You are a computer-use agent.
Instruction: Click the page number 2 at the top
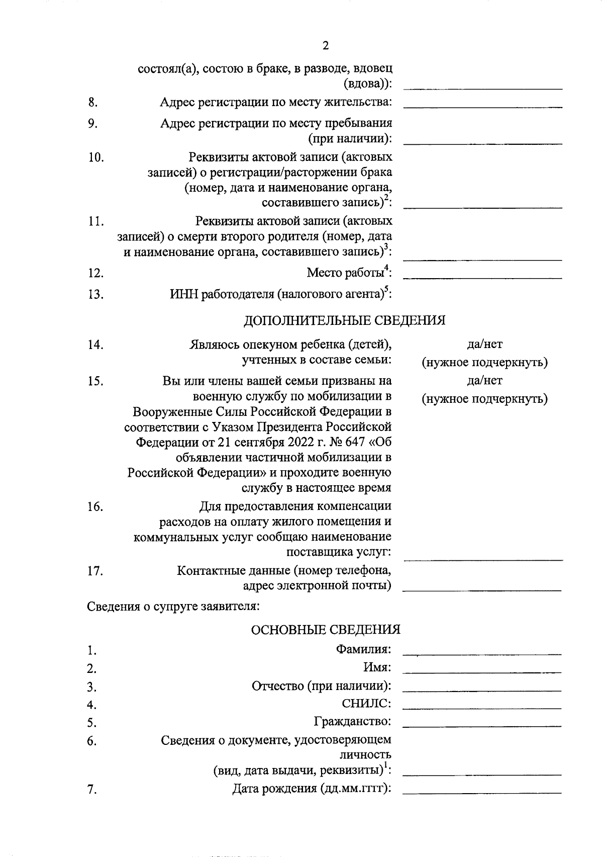tap(325, 46)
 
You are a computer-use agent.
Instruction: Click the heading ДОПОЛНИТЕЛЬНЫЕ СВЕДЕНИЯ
tap(344, 320)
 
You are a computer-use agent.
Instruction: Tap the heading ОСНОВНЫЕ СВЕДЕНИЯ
tap(325, 630)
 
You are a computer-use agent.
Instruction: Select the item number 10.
tap(96, 157)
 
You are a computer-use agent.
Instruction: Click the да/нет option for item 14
tap(484, 345)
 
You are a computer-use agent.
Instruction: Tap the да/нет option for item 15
tap(484, 381)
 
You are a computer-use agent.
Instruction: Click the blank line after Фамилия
tap(482, 654)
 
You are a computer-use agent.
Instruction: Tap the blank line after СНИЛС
tap(482, 708)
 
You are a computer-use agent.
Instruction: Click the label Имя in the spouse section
tap(377, 667)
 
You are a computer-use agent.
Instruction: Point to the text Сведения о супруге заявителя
tap(173, 606)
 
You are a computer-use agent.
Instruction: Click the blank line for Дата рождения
tap(482, 793)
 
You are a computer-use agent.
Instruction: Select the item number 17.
tap(95, 571)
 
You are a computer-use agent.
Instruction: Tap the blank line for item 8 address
tap(482, 106)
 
